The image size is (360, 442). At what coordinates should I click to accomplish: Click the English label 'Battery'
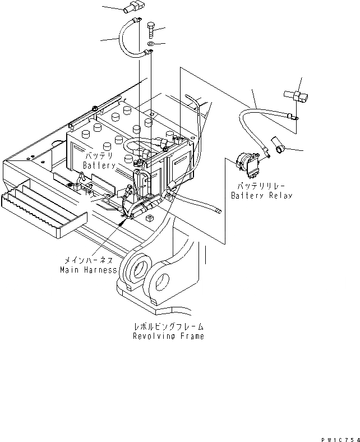[99, 166]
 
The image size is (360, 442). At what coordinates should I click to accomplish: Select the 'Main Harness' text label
[89, 270]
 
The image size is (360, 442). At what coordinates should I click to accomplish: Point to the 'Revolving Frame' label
[168, 337]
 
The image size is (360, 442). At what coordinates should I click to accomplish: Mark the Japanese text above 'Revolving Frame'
[168, 326]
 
